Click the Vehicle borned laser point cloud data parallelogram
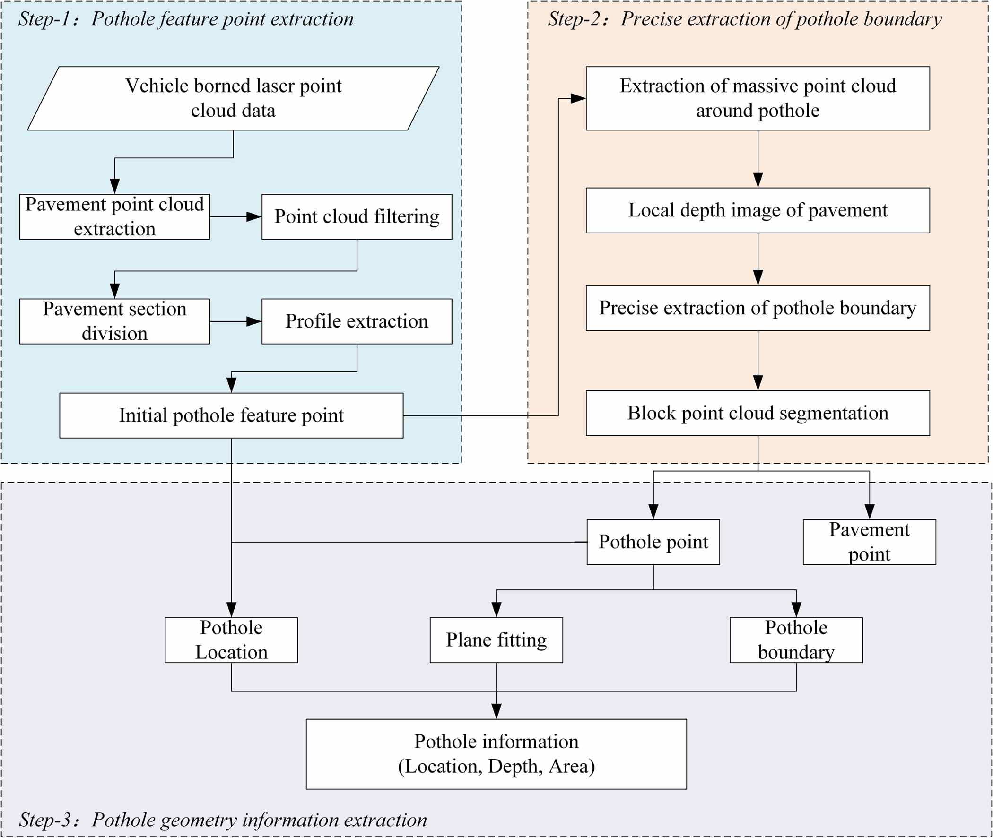[x=233, y=98]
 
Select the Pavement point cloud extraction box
[x=114, y=216]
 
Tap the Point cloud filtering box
[x=357, y=216]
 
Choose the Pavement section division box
[x=114, y=321]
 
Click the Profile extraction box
[x=357, y=321]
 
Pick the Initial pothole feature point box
[x=231, y=415]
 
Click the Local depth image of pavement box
[x=758, y=210]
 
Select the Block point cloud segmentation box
[x=758, y=413]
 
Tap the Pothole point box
[x=653, y=542]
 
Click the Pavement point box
[x=870, y=542]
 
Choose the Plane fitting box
[x=496, y=640]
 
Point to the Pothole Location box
[x=231, y=640]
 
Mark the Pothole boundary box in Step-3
[x=796, y=640]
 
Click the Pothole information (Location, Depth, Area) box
[x=496, y=754]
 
